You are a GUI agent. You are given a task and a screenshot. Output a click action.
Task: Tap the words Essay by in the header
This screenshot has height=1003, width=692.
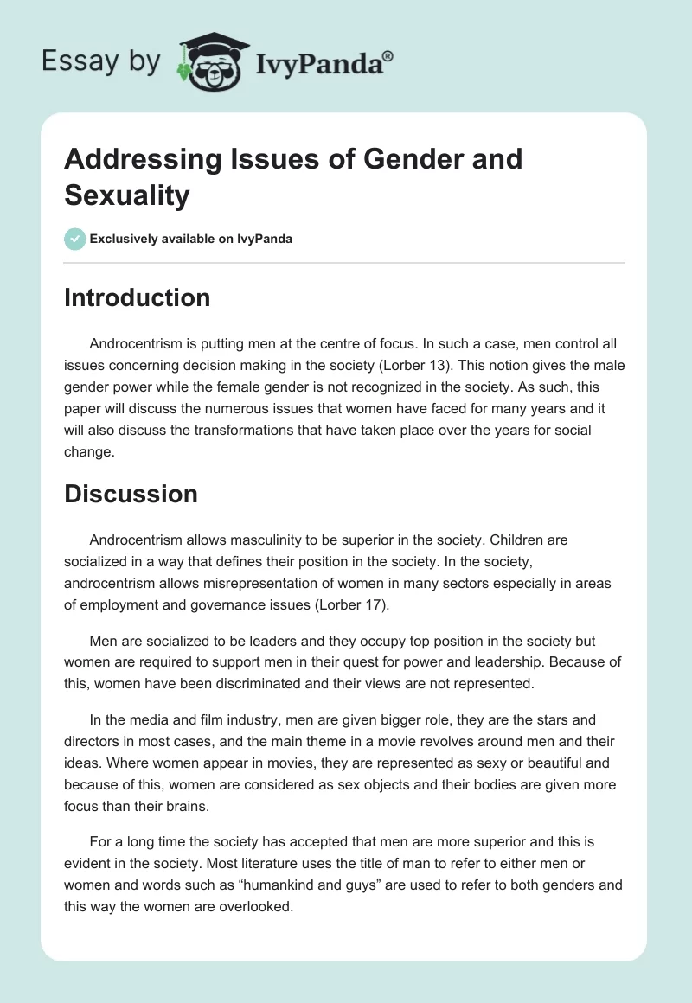[x=100, y=61]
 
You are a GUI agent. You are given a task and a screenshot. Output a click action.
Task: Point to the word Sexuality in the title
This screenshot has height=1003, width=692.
[x=126, y=195]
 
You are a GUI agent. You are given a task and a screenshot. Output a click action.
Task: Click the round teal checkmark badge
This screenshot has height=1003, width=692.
[x=75, y=239]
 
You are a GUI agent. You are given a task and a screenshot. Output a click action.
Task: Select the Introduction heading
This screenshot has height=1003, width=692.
[x=138, y=297]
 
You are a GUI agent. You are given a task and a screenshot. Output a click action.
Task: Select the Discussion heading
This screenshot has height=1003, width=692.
[x=131, y=494]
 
